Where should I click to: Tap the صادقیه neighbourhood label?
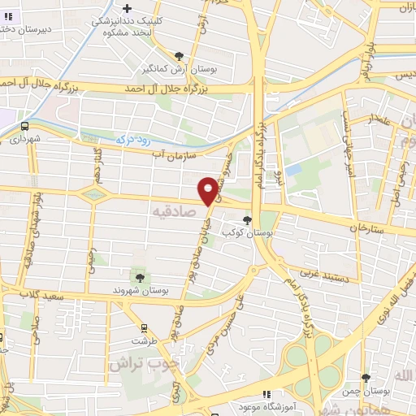click(175, 210)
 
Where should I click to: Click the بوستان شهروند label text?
click(141, 290)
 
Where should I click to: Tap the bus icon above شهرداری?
click(24, 126)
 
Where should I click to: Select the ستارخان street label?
click(366, 228)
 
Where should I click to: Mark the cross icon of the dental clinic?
click(127, 8)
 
